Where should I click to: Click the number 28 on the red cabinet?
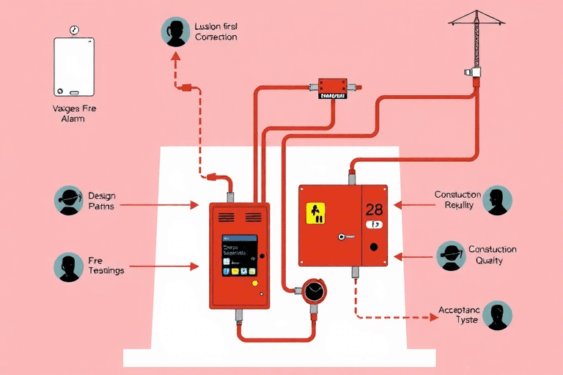click(374, 210)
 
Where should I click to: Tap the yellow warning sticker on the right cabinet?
click(315, 213)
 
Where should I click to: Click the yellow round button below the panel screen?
click(254, 283)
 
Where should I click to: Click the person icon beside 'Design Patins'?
click(69, 201)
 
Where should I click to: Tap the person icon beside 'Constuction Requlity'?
click(498, 200)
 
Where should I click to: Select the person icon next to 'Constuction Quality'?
click(451, 255)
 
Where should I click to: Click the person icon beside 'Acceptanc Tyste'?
click(498, 316)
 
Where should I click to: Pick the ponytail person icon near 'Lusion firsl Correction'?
click(175, 32)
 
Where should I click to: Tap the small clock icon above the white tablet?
click(74, 30)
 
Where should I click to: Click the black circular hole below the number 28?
click(374, 247)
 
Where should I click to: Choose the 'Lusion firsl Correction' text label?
click(216, 31)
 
